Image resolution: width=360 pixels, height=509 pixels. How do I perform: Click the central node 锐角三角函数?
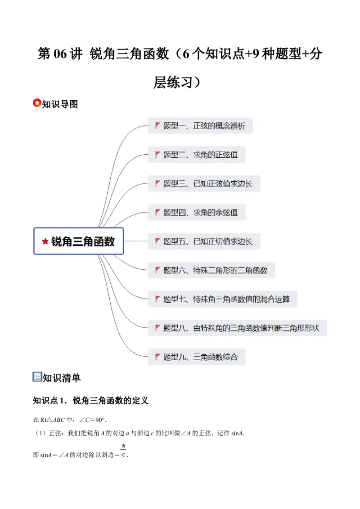[x=79, y=241]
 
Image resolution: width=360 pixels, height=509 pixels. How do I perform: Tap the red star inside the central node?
[x=45, y=241]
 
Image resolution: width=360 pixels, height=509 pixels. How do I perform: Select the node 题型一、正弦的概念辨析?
[x=200, y=126]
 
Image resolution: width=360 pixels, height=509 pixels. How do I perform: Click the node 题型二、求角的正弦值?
[x=197, y=155]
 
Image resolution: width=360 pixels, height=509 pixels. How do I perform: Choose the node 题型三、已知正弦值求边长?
[x=204, y=183]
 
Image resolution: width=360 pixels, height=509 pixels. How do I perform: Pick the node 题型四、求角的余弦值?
[x=197, y=212]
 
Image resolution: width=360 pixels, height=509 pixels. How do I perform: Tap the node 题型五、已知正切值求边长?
[x=204, y=241]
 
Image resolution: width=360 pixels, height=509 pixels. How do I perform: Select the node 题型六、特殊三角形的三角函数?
[x=211, y=270]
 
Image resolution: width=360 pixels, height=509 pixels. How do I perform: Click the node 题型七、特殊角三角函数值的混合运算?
[x=222, y=299]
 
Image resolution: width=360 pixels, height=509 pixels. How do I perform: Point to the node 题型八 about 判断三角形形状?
[x=237, y=328]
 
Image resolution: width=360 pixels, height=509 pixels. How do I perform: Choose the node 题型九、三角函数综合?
[x=197, y=357]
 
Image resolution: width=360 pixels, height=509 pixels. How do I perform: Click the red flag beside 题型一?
[x=158, y=125]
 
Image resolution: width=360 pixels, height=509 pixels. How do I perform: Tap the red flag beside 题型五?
[x=158, y=241]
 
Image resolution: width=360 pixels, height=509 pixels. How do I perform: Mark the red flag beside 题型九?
[x=158, y=357]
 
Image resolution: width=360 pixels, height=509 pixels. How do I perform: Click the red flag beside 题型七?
[x=158, y=299]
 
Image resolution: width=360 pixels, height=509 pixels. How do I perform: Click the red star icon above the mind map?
[x=37, y=103]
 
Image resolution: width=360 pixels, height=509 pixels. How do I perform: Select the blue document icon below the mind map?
[x=36, y=377]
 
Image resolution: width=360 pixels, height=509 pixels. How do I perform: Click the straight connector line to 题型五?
[x=135, y=241]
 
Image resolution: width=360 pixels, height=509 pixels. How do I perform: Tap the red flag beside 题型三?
[x=158, y=183]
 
